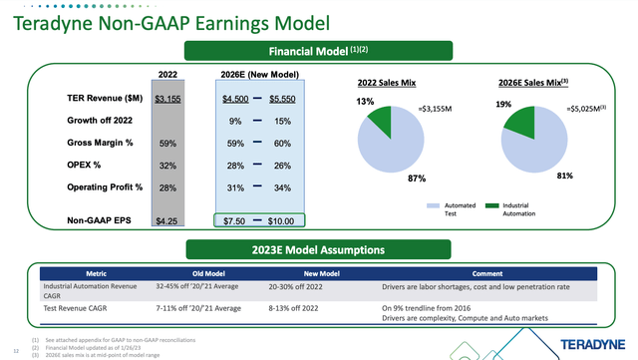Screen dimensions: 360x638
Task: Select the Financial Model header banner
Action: (318, 51)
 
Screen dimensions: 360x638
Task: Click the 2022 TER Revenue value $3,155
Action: (167, 99)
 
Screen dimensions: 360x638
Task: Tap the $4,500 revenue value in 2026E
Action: (235, 99)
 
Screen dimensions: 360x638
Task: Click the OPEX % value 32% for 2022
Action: (167, 165)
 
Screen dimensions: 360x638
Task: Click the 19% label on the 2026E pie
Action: (502, 103)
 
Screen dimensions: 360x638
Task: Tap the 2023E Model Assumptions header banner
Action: (318, 249)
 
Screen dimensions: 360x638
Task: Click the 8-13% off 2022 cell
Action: (321, 308)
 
